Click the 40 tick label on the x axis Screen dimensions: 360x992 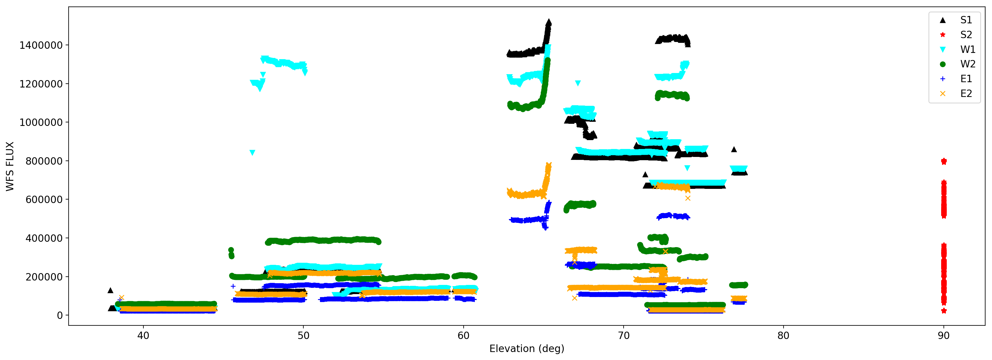point(143,336)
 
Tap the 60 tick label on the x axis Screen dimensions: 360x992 point(463,336)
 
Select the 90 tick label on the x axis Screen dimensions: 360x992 point(944,336)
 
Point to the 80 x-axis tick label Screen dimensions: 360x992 point(783,336)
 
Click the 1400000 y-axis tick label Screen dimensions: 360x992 point(41,46)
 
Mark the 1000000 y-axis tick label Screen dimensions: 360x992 point(41,122)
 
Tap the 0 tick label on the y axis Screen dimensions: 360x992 point(60,315)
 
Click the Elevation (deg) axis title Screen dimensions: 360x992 point(526,349)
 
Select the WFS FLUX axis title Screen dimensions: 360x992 point(10,166)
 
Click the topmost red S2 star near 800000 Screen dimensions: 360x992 point(944,161)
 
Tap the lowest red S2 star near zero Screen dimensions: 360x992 point(944,311)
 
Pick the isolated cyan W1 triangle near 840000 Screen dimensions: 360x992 point(252,153)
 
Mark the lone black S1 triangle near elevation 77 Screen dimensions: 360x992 point(734,149)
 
